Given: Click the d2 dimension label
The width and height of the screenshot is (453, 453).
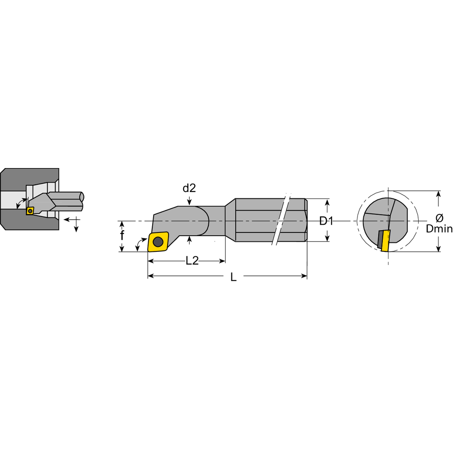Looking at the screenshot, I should tap(189, 188).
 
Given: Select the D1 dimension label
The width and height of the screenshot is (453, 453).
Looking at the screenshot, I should tap(326, 221).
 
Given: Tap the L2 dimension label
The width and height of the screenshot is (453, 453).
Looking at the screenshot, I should tap(192, 261).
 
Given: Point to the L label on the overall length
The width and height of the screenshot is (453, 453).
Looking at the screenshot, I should tap(233, 277).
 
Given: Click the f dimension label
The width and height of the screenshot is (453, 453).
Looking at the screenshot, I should tap(122, 235).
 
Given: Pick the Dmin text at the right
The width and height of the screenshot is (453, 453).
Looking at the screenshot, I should tap(439, 229).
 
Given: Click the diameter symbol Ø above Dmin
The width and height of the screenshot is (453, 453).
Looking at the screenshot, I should tap(439, 218).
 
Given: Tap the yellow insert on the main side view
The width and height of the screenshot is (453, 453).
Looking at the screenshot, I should tap(158, 242).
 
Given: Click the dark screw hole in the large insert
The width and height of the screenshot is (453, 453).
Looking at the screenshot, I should tap(158, 242).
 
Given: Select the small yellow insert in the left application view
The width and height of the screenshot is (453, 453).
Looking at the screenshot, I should tap(30, 211).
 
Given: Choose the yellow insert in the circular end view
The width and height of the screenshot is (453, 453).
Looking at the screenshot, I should tap(386, 241).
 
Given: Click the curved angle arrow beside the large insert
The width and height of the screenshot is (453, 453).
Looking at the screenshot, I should tap(138, 245).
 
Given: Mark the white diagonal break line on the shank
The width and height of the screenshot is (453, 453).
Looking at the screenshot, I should tap(280, 220).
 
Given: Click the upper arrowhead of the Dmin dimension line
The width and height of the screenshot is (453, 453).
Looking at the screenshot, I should tap(438, 194).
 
